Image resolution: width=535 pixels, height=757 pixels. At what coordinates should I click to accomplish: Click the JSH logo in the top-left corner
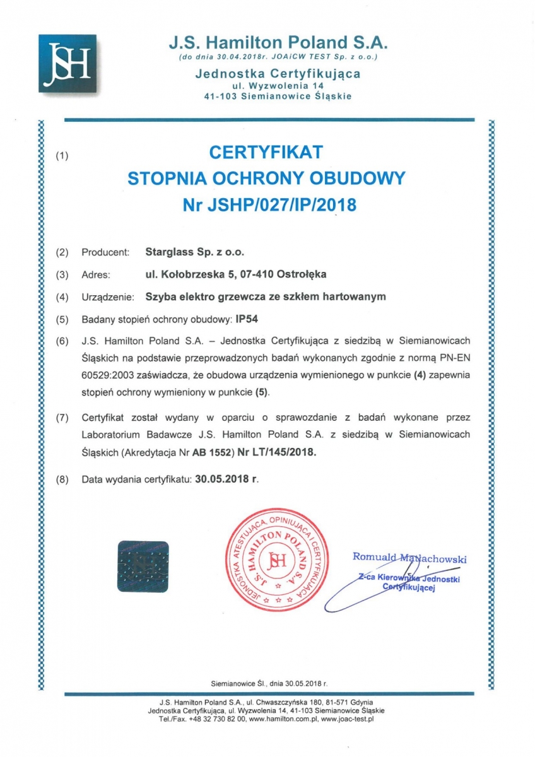(x=68, y=62)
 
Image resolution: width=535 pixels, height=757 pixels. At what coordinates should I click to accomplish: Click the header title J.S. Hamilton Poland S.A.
(x=278, y=43)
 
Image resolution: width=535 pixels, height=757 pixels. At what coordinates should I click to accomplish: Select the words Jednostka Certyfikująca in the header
(x=278, y=74)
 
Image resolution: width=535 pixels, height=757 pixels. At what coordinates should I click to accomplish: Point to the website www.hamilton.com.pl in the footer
(x=281, y=719)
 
